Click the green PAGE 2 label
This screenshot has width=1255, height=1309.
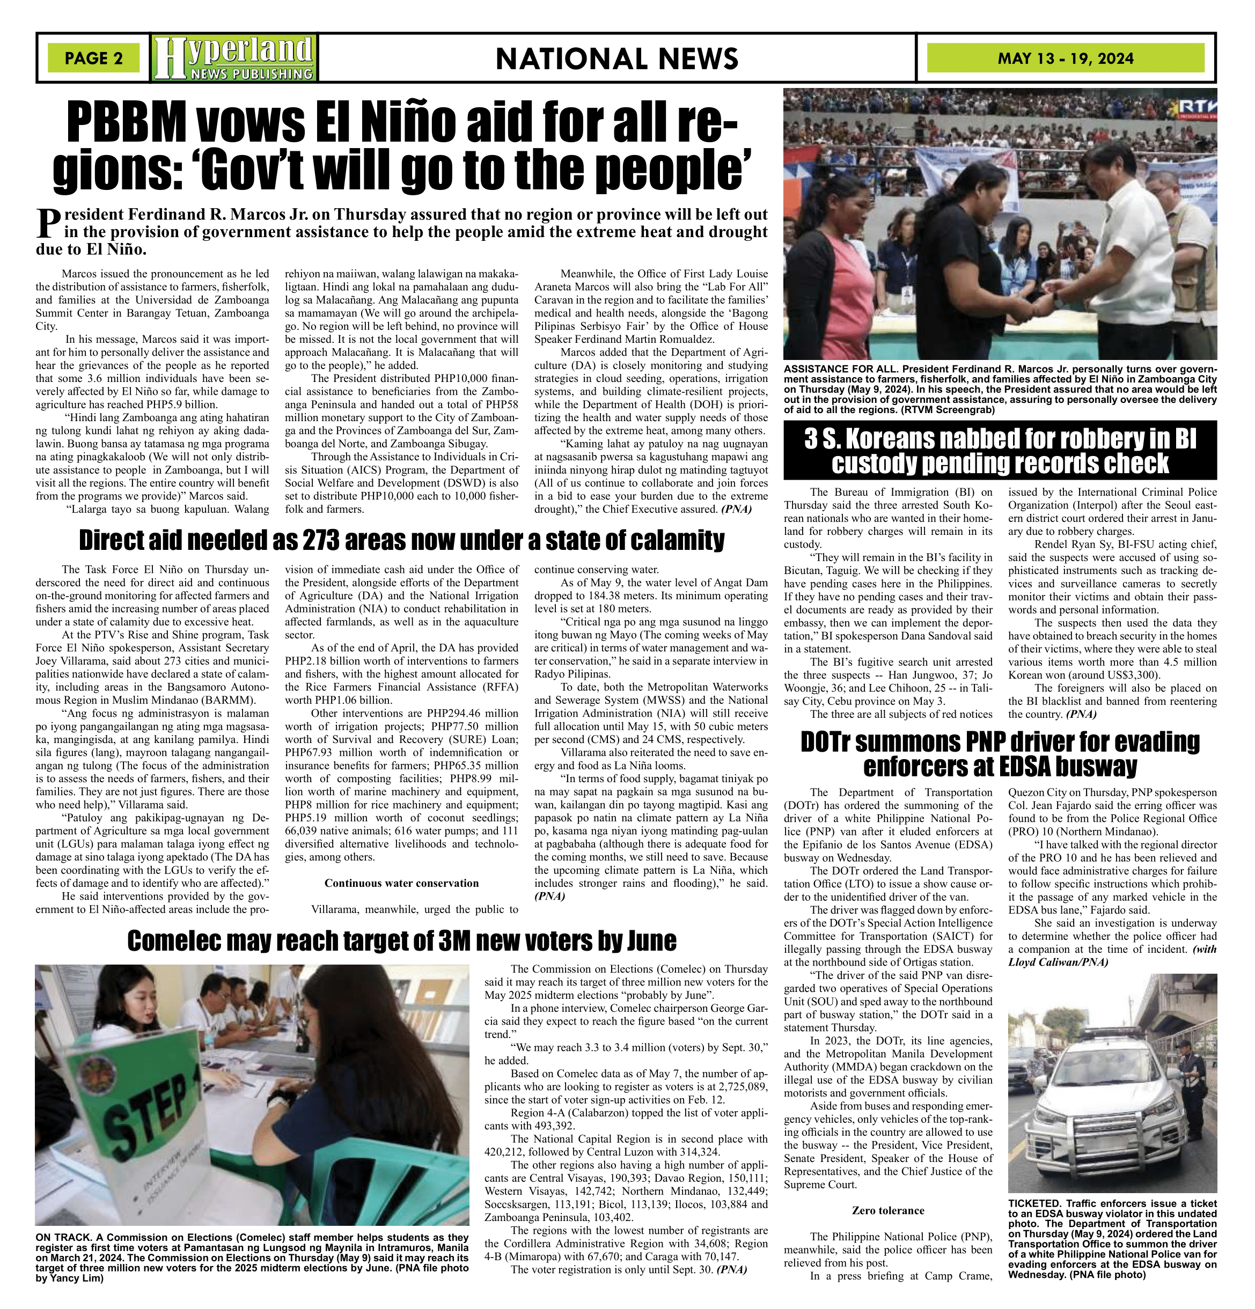pos(93,58)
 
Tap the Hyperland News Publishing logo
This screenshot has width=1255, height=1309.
pos(234,58)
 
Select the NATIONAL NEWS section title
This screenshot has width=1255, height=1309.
pos(617,59)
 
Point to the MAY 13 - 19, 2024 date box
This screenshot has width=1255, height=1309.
pos(1065,58)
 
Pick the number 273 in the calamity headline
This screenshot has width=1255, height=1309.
pos(328,540)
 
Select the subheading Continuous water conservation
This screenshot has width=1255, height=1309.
pos(401,883)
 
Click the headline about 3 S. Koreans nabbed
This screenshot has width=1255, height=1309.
pos(1000,451)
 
